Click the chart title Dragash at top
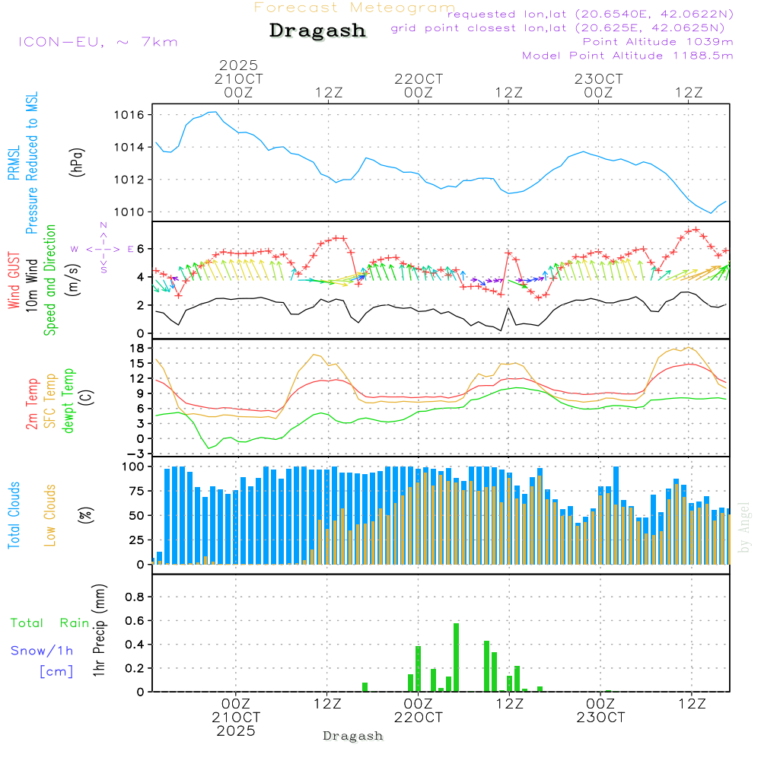317,30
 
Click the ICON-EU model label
97,42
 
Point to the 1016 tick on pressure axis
129,115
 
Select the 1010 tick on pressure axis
129,212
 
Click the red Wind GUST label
14,282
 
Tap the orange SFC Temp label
50,400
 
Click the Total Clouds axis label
14,515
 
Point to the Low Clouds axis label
50,515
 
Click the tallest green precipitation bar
456,658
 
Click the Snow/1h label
42,651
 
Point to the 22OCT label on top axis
418,79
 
